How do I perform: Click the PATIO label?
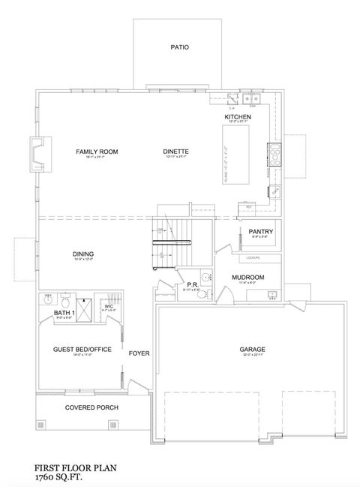(x=179, y=47)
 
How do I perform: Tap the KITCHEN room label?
(x=237, y=118)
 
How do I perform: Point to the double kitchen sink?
(x=250, y=98)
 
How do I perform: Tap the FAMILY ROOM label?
(x=97, y=152)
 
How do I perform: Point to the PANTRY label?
(x=260, y=232)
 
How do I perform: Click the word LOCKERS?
(x=253, y=257)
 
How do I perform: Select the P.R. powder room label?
(x=191, y=285)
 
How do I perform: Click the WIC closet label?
(x=108, y=306)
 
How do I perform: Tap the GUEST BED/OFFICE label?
(x=82, y=350)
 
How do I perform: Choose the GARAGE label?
(x=250, y=349)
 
